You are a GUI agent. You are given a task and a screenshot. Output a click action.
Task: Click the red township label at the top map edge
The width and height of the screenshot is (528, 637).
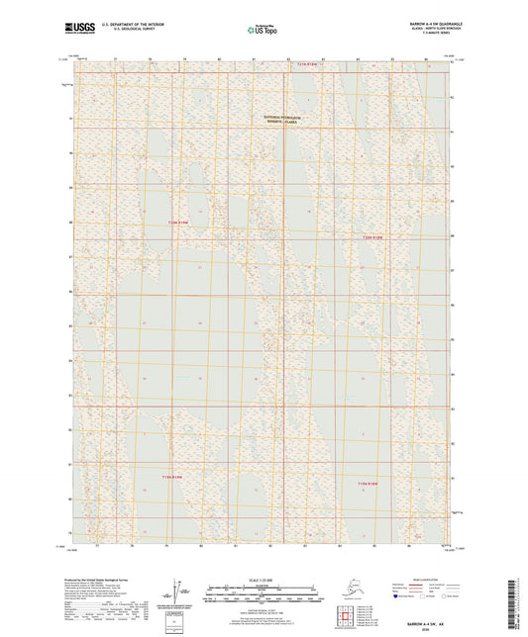(311, 64)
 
